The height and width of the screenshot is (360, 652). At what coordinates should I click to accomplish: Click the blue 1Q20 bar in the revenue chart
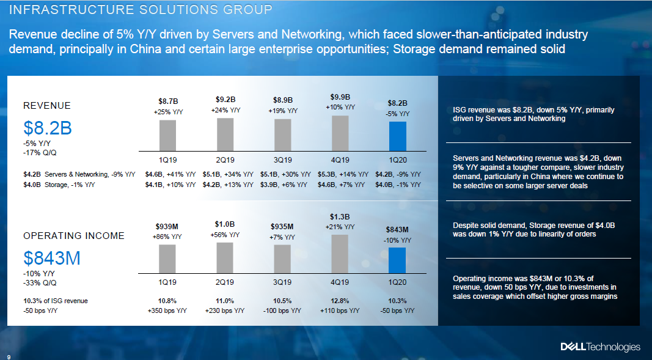[397, 136]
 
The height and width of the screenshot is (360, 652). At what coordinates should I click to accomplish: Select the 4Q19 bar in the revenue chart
[340, 133]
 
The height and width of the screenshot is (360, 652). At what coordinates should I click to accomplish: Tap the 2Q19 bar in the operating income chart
[225, 257]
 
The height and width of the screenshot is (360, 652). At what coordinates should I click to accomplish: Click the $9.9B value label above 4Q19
[340, 97]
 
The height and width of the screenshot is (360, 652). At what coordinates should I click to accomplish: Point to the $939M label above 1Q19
[167, 226]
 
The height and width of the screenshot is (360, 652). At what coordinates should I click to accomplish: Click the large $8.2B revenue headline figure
[48, 128]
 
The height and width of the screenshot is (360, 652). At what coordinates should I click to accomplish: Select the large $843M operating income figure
[52, 259]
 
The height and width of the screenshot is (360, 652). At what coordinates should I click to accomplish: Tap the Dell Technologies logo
[600, 347]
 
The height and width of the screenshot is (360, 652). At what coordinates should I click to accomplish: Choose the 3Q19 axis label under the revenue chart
[282, 160]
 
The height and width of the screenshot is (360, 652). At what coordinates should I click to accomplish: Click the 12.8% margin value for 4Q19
[340, 301]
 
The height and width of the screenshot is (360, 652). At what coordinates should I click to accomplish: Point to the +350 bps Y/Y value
[167, 310]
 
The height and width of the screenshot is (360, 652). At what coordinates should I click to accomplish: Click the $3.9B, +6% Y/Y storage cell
[283, 184]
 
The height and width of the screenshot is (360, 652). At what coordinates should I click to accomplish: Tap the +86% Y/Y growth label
[167, 236]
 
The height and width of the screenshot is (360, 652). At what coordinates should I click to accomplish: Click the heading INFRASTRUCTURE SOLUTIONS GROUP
[141, 10]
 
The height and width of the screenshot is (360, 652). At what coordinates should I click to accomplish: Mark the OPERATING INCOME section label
[73, 235]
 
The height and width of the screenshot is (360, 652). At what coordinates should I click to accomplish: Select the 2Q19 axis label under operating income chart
[225, 282]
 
